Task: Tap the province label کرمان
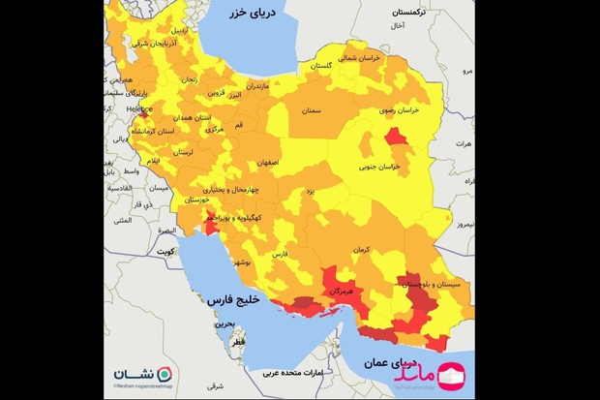[x=362, y=250]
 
